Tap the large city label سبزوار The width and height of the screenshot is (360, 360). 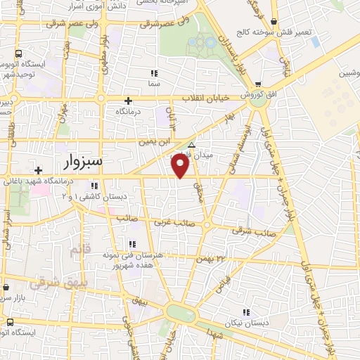click(78, 162)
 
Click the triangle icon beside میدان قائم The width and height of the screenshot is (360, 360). click(191, 146)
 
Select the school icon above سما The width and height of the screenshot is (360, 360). click(154, 73)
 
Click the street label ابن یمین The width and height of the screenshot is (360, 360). click(155, 141)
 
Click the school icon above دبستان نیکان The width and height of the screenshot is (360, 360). click(245, 312)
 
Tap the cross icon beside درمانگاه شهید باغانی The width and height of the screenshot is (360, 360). click(38, 170)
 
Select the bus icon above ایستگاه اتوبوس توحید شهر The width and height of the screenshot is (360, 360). click(18, 53)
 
